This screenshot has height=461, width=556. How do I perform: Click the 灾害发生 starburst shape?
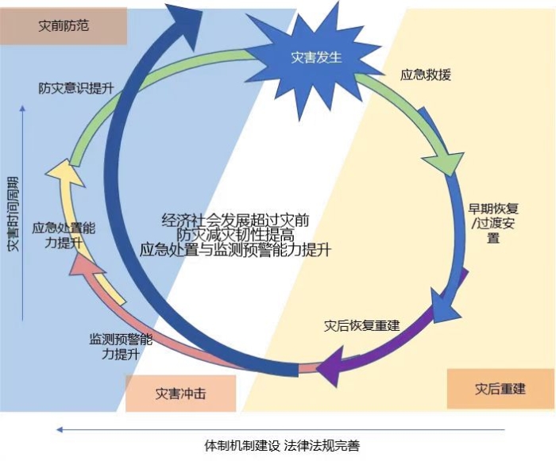tap(316, 57)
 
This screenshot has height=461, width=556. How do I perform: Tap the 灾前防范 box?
tap(64, 25)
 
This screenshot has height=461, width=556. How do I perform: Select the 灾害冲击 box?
tap(180, 393)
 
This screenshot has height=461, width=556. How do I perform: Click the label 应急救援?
tap(426, 76)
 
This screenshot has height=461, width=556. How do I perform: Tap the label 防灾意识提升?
tap(75, 88)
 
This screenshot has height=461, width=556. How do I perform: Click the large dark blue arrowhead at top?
tap(185, 19)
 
